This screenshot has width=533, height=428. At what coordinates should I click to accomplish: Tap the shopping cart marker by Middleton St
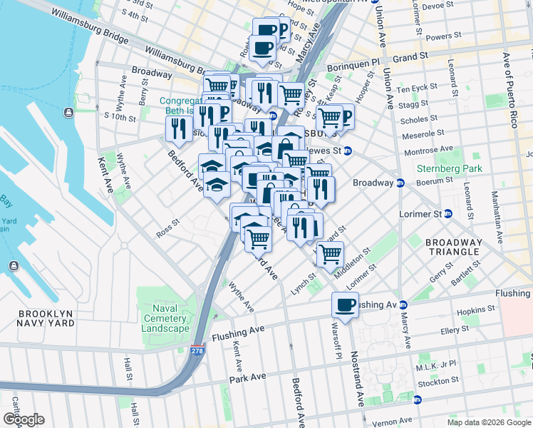tap(330, 254)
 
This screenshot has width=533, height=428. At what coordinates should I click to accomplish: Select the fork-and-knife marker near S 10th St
tap(178, 128)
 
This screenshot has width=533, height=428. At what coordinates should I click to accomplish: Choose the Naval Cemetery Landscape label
tap(165, 318)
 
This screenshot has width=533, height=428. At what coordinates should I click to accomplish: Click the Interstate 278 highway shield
tap(197, 351)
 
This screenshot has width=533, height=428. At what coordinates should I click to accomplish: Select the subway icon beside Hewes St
tap(348, 151)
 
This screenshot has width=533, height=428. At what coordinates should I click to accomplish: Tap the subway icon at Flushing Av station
tap(402, 305)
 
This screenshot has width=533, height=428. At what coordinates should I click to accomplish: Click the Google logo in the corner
tap(24, 419)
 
